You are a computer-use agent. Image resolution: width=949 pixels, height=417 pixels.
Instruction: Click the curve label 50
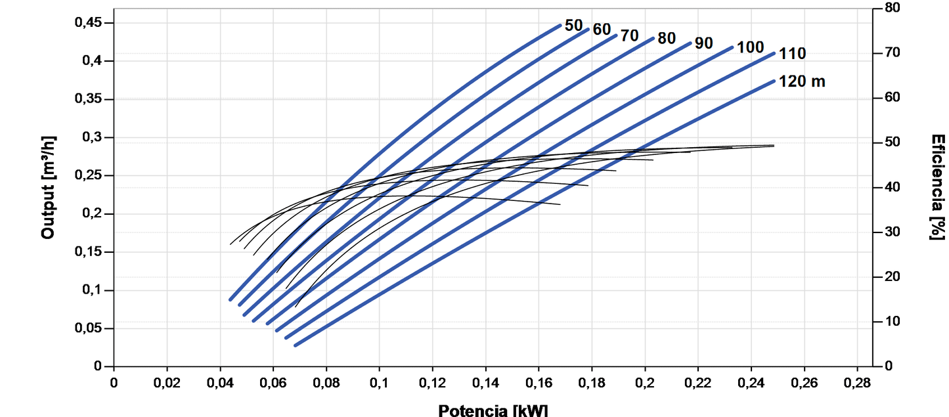point(573,26)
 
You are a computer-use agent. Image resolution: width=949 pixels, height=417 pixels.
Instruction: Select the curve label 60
point(602,30)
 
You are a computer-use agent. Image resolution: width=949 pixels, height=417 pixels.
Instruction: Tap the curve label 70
point(629,36)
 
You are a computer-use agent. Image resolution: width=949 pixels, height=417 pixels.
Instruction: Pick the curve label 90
point(703,43)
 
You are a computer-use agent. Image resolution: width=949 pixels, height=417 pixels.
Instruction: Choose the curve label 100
point(750,47)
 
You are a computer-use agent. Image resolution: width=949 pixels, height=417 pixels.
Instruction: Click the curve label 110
point(793,54)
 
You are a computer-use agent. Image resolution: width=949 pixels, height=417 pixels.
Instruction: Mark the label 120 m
point(802,82)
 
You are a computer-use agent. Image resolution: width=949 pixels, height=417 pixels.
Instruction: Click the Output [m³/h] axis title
point(48,187)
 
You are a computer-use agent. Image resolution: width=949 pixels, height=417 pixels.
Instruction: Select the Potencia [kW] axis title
point(493,410)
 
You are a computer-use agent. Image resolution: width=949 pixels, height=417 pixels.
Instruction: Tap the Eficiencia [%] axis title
point(937,187)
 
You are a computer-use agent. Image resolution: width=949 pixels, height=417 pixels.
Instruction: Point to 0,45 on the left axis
point(89,23)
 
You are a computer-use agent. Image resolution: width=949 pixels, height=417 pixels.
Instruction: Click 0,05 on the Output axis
point(89,328)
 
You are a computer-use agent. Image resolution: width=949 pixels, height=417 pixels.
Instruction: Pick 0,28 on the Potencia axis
point(856,382)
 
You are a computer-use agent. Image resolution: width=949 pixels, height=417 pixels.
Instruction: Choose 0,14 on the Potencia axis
point(485,382)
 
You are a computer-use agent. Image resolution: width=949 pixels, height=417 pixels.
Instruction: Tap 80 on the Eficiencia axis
point(893,8)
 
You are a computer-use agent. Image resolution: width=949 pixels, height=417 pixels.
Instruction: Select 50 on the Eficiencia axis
point(893,143)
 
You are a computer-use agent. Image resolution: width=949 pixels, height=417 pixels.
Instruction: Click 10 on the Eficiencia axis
point(893,322)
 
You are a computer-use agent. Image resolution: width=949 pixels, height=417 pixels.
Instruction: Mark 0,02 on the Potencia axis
point(167,382)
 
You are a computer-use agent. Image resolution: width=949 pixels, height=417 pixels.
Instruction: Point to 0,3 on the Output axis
point(95,137)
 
